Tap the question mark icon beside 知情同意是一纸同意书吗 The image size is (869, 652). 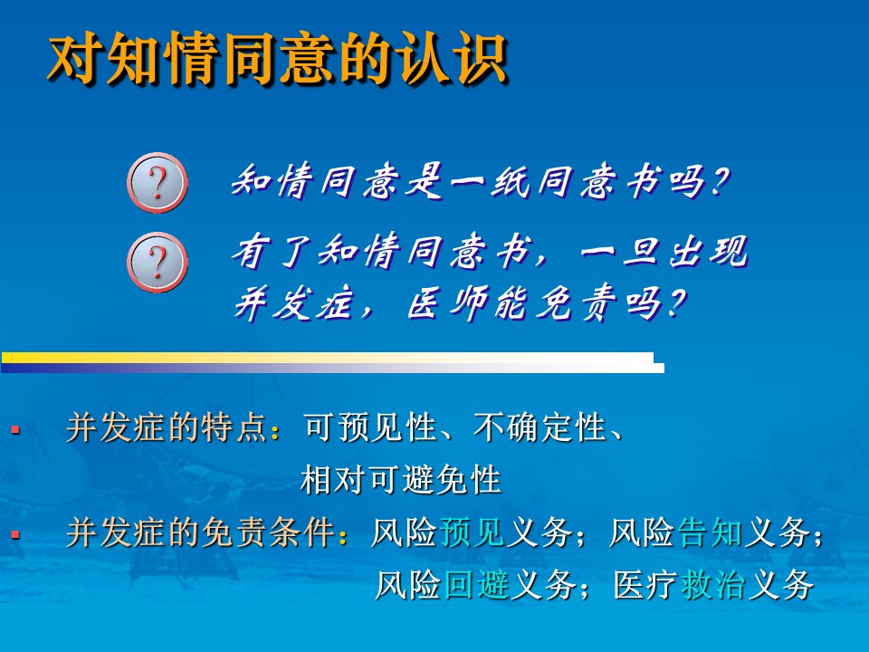click(x=158, y=182)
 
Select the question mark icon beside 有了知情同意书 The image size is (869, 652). click(x=158, y=263)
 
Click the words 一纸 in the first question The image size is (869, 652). click(x=489, y=181)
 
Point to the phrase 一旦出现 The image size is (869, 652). click(x=664, y=252)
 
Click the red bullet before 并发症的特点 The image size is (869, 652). click(x=15, y=429)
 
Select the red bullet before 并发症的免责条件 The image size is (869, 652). click(x=15, y=534)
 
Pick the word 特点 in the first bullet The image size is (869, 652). click(x=234, y=427)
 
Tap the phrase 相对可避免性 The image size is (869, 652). click(x=401, y=480)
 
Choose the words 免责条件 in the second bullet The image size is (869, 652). click(x=268, y=532)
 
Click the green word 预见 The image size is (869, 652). click(x=473, y=532)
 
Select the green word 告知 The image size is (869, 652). click(x=710, y=532)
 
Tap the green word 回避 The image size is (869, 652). click(x=477, y=584)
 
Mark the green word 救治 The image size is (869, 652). click(x=714, y=584)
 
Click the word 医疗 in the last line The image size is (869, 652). click(x=646, y=584)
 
